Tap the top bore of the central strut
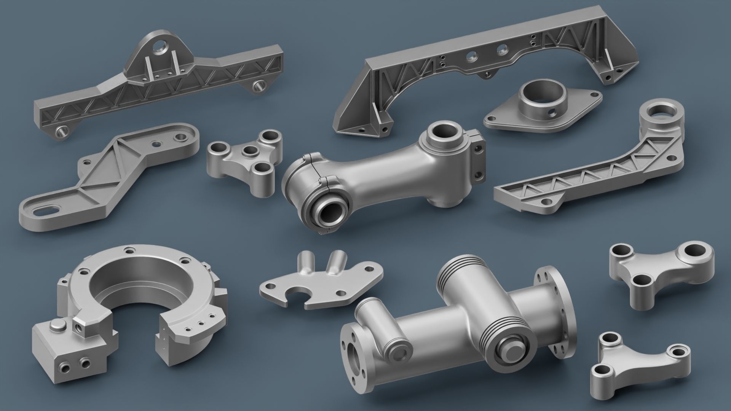444,134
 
